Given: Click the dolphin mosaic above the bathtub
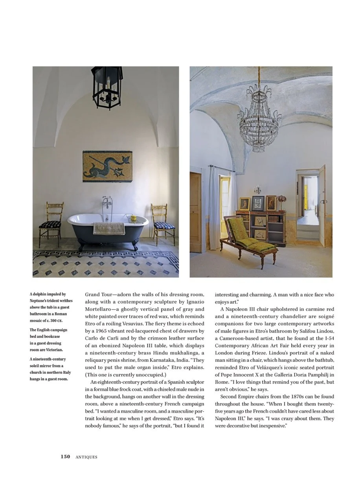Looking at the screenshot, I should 107,166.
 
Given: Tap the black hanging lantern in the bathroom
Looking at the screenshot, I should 107,87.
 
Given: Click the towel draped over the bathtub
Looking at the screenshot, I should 109,228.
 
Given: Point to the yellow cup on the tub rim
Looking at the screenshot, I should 134,217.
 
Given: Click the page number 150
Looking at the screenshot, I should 65,457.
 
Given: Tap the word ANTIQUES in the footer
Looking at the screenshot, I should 86,457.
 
